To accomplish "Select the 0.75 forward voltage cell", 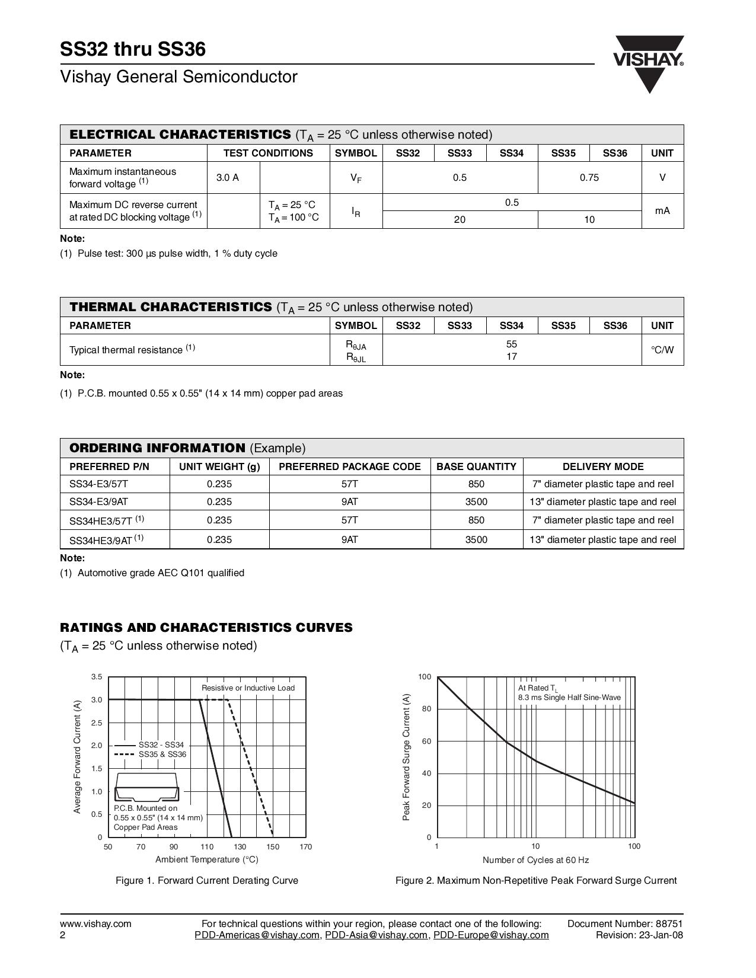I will point(589,177).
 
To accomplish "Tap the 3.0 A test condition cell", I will point(228,177).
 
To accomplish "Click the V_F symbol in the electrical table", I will point(356,177).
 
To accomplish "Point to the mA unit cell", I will point(662,210).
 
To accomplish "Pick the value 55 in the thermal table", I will point(512,344).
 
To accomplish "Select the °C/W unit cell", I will point(662,350).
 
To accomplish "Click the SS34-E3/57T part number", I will point(98,484).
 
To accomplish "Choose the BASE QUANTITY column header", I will point(476,466).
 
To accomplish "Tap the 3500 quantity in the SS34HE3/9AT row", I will point(476,539).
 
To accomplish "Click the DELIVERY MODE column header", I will point(603,466).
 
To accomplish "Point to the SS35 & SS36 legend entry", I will point(162,755).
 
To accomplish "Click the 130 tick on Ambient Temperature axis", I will point(240,846).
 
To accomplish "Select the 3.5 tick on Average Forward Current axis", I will point(97,677).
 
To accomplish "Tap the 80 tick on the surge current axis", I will point(425,709).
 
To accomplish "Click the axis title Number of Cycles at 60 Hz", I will point(535,860).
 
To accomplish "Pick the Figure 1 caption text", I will point(207,881).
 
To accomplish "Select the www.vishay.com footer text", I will point(95,923).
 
